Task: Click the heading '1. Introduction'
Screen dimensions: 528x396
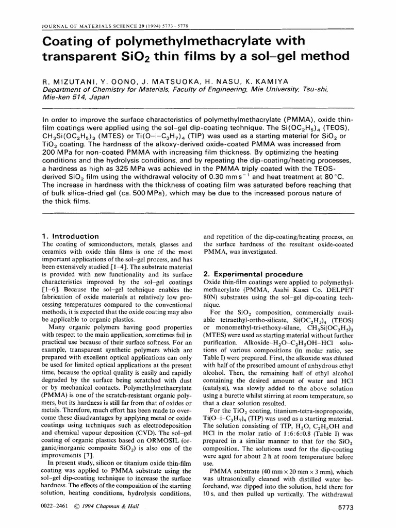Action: click(70, 236)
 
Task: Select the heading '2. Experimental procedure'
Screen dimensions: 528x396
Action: click(245, 274)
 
